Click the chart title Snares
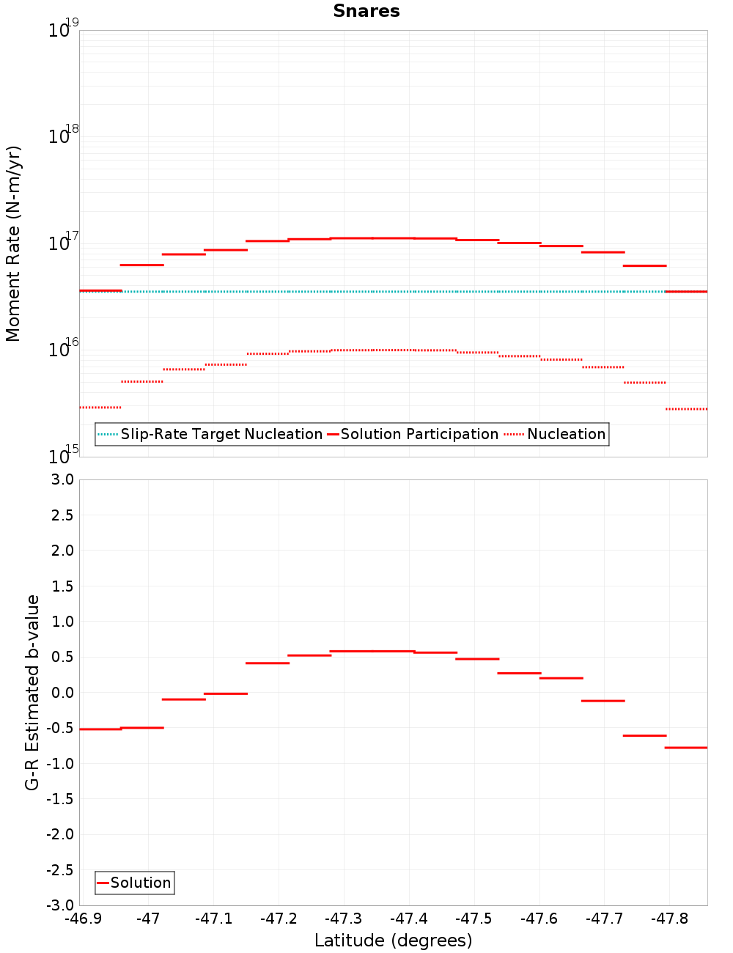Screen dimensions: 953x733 tap(366, 11)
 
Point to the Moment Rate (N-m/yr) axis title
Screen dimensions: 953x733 tap(13, 243)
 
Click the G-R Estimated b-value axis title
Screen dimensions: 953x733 tap(32, 692)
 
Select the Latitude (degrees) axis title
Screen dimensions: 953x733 tap(393, 941)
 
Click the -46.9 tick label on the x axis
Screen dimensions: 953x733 tap(83, 919)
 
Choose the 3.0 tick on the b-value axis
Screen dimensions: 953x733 tap(62, 479)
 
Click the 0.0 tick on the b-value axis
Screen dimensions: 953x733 tap(62, 693)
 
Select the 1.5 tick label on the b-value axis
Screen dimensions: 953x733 tap(62, 586)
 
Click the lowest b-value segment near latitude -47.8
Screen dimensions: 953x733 tap(686, 748)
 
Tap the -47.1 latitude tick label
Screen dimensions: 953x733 tap(213, 919)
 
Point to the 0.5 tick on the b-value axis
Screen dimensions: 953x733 tap(62, 657)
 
